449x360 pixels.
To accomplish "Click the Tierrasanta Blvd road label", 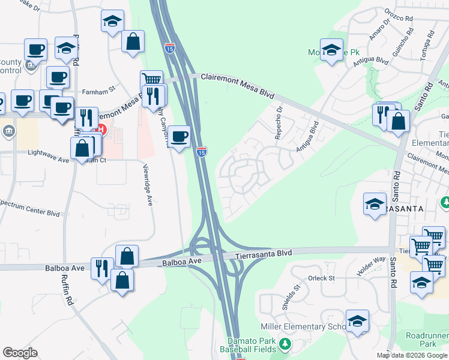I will [263, 254].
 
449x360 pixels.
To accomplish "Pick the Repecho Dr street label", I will [279, 122].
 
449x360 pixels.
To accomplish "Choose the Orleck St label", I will [321, 278].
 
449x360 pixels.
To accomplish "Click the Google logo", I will [20, 352].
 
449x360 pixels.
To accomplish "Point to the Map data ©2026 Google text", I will [412, 355].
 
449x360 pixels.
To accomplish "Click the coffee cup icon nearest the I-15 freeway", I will [179, 136].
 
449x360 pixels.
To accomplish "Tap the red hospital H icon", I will [101, 128].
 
